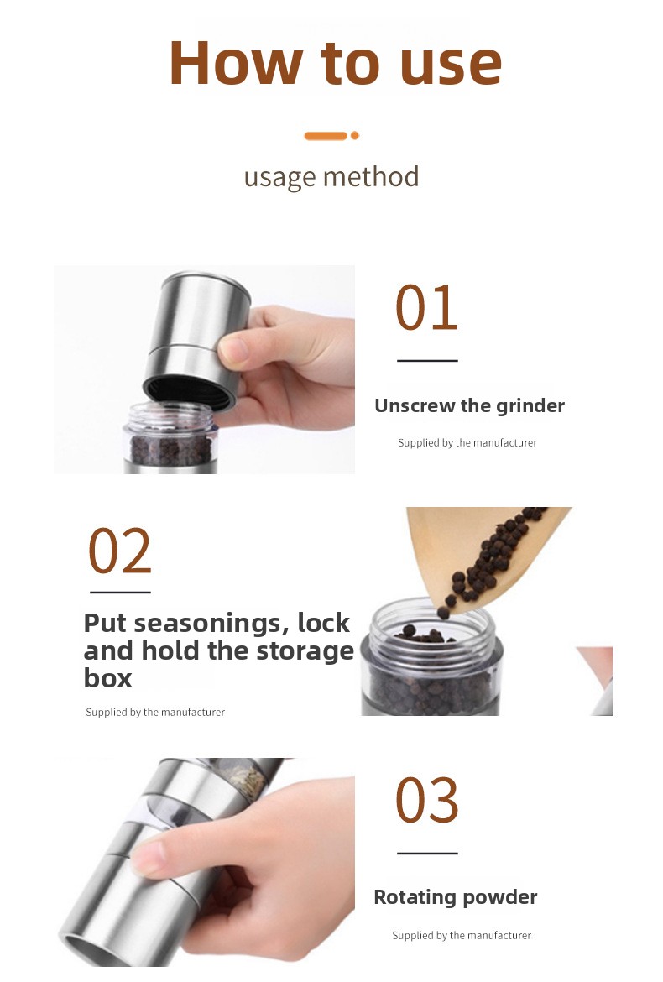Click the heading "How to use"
click(336, 63)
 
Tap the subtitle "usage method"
click(331, 177)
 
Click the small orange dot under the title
click(355, 135)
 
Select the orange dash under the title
click(326, 136)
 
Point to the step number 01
click(426, 307)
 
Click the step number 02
click(119, 551)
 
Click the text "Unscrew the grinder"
click(469, 406)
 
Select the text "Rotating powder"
click(455, 897)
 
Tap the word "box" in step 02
click(107, 678)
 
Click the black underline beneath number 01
click(428, 361)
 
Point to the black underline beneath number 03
click(428, 853)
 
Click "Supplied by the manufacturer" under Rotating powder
click(462, 936)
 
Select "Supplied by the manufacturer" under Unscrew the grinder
click(467, 443)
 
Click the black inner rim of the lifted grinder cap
click(190, 392)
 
